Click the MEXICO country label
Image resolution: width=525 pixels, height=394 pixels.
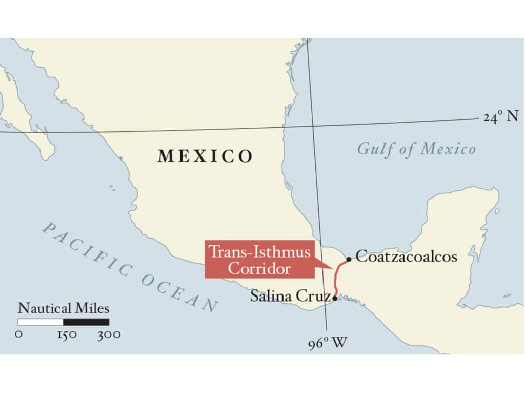[205, 155]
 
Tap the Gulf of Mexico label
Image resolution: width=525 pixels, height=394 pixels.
[416, 149]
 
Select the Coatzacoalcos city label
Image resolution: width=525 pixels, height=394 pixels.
[406, 257]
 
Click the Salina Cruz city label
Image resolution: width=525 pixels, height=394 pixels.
[290, 296]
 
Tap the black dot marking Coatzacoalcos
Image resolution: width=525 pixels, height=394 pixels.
[349, 259]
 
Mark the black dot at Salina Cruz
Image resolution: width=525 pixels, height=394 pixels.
[335, 298]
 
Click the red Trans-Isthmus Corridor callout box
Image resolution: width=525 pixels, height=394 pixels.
[259, 259]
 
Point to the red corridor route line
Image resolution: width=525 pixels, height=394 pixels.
[337, 280]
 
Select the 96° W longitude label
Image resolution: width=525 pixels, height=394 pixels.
[328, 343]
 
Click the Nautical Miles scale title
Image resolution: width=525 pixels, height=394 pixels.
[64, 308]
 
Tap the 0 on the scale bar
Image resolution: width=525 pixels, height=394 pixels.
[19, 334]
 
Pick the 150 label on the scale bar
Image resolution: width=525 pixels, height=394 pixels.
[67, 334]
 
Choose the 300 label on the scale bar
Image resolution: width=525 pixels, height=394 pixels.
[109, 334]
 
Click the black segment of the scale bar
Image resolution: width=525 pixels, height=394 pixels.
[86, 322]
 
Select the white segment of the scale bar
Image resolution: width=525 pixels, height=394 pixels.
[41, 322]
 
